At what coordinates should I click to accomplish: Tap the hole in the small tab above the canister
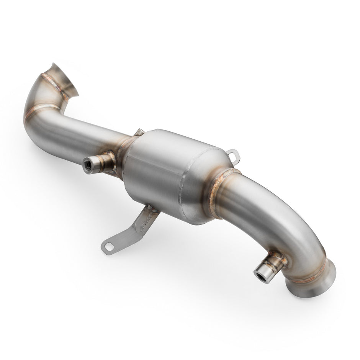(x=233, y=154)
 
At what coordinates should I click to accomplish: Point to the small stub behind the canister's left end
(x=139, y=133)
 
